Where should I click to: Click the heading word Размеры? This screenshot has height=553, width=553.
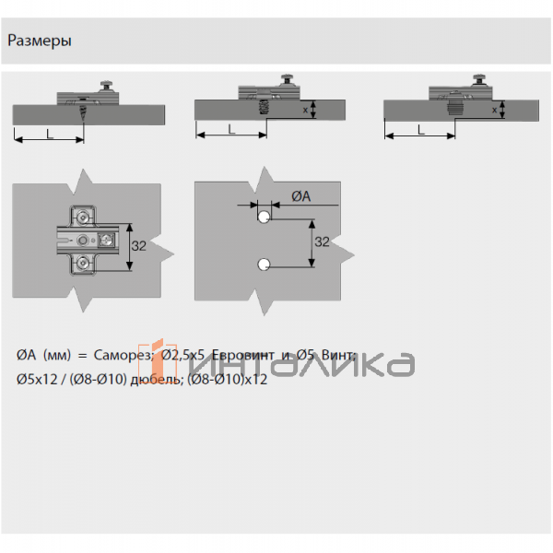click(x=41, y=41)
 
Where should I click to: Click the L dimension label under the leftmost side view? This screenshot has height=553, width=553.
click(x=49, y=133)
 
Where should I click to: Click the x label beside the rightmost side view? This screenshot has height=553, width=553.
click(x=495, y=110)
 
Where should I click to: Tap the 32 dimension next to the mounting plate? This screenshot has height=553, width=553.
click(x=139, y=246)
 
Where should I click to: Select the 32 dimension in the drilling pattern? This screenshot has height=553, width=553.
click(x=322, y=241)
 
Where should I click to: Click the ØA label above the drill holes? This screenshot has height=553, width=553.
click(x=300, y=196)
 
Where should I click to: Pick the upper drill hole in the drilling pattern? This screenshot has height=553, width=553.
click(x=263, y=218)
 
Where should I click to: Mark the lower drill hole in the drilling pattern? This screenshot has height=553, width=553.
click(x=263, y=265)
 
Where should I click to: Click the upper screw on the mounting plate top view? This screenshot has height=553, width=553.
click(x=84, y=218)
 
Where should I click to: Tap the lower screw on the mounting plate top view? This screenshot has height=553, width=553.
click(x=84, y=265)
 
